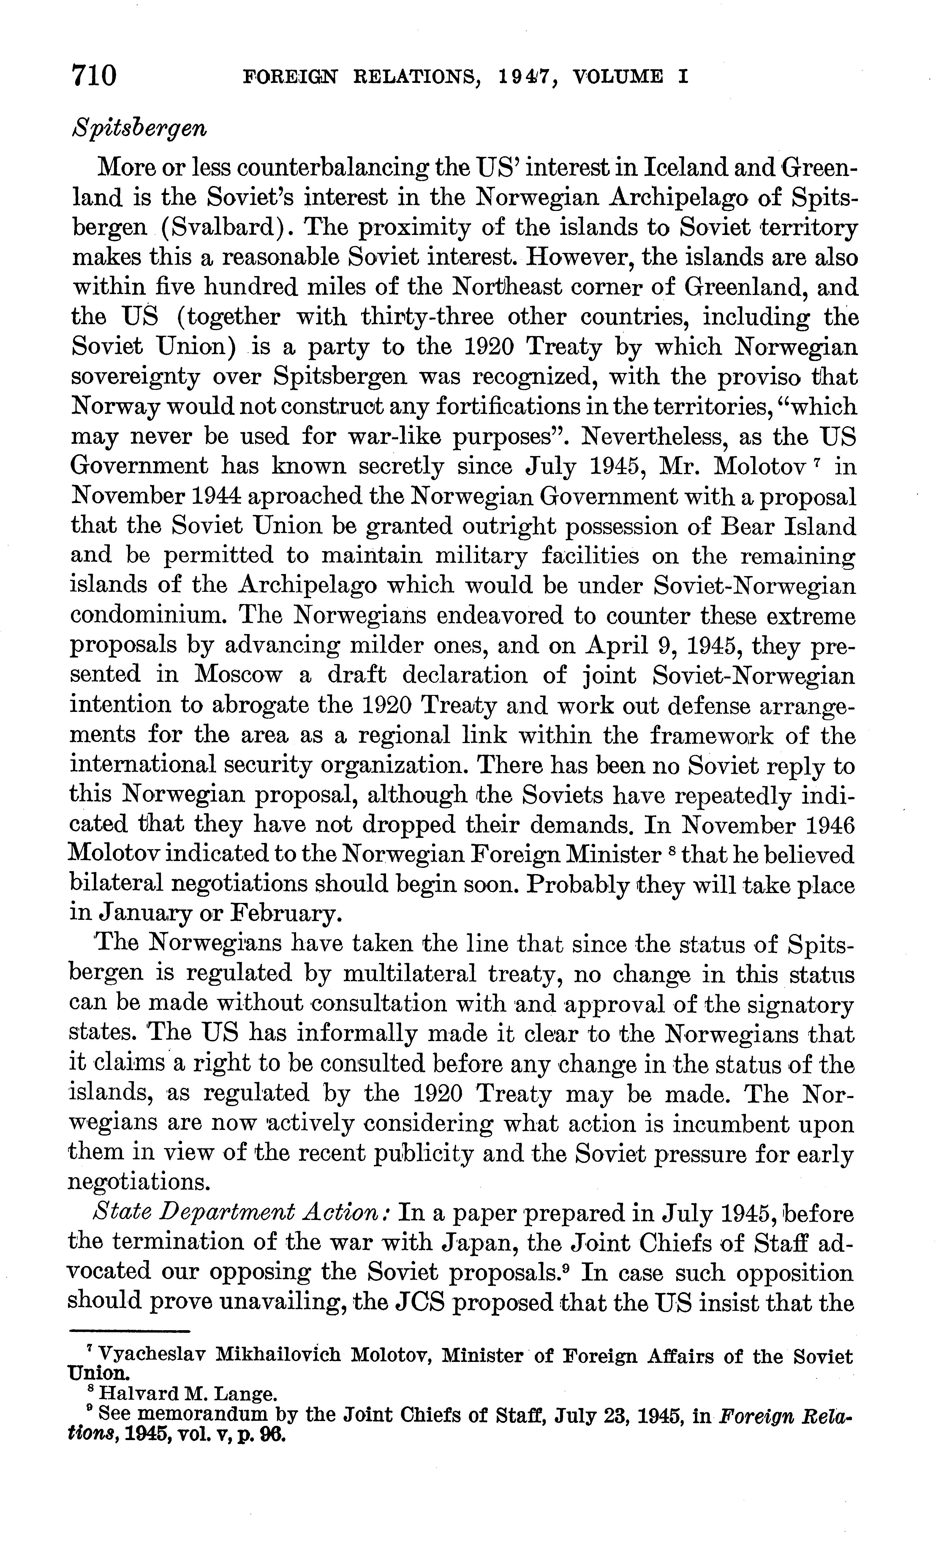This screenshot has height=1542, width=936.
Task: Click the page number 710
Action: point(94,76)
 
